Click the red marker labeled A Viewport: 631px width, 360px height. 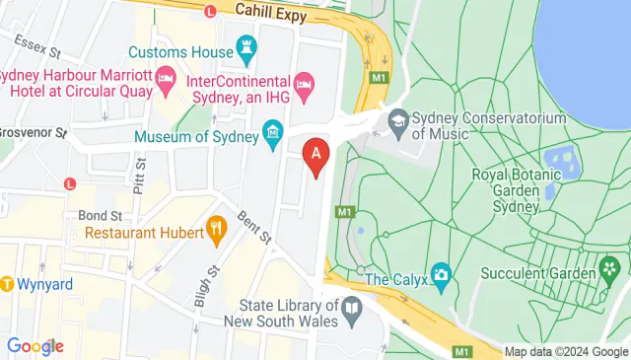coord(316,154)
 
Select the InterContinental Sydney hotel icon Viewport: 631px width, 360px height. coord(305,87)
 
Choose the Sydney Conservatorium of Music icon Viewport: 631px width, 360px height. coord(398,120)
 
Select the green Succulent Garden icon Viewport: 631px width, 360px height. coord(610,267)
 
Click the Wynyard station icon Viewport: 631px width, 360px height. coord(7,284)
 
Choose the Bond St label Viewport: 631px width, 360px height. coord(99,215)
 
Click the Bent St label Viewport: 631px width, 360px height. coord(254,227)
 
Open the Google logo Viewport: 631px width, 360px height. coord(35,346)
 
